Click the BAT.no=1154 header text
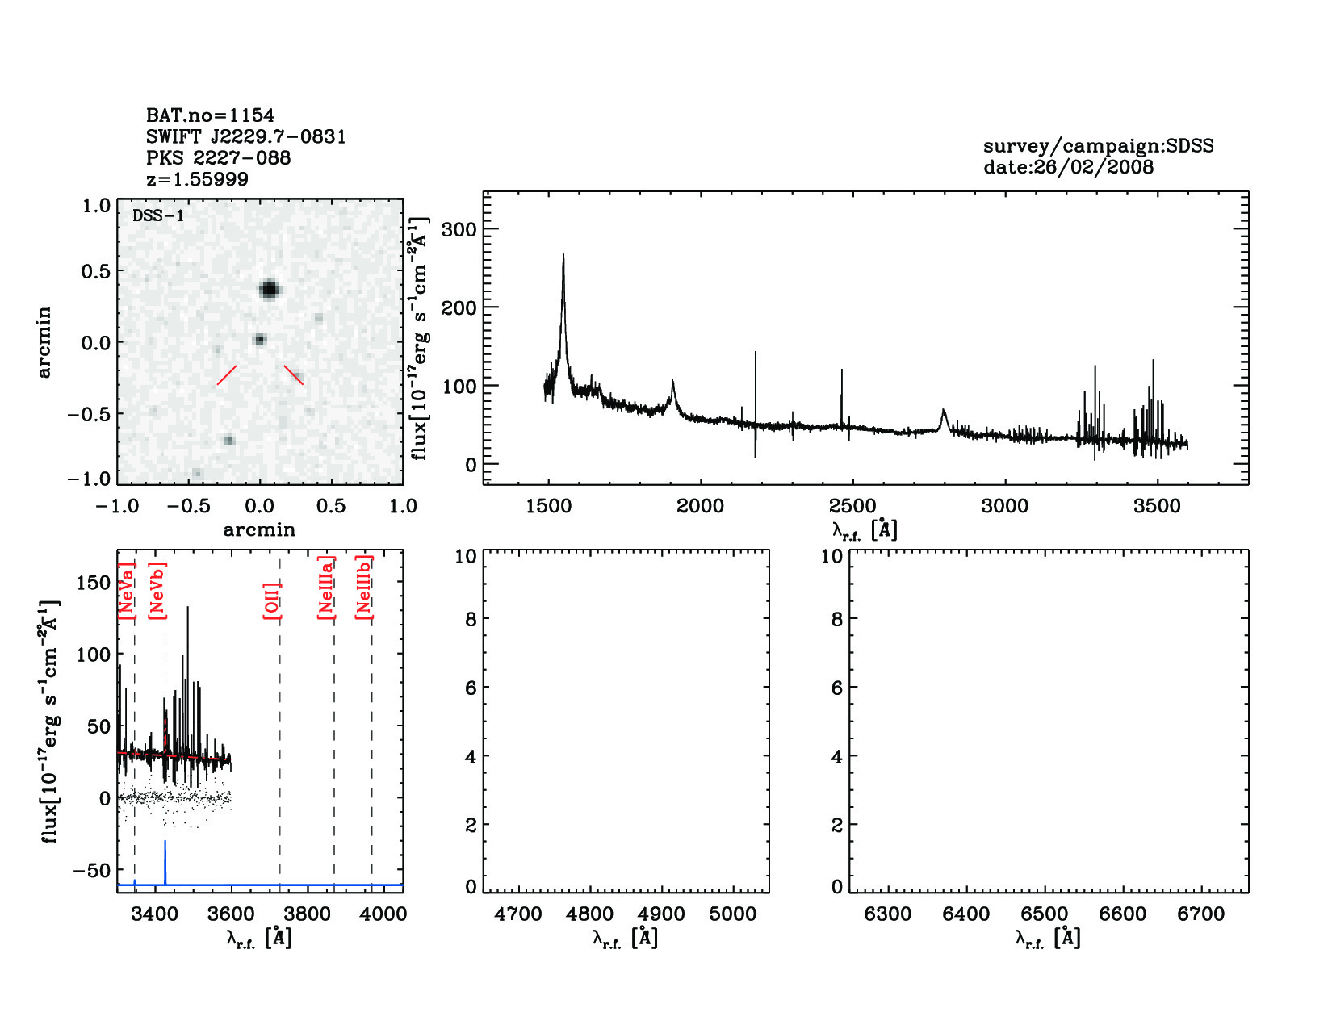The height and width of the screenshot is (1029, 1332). (210, 115)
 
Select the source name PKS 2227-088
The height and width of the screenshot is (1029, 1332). (218, 158)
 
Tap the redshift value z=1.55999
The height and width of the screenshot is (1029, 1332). (197, 179)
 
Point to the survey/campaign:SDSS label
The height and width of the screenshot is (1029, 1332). (1098, 146)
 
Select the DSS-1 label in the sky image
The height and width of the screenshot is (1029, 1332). (158, 215)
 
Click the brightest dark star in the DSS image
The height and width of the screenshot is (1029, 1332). (270, 289)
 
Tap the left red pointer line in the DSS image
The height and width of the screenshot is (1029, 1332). (227, 375)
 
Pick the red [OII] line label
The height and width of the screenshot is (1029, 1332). (271, 600)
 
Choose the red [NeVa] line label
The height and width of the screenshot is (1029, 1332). (126, 592)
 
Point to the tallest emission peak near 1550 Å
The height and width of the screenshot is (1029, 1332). (563, 257)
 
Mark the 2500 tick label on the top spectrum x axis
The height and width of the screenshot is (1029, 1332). (852, 506)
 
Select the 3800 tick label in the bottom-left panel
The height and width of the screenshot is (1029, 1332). (308, 914)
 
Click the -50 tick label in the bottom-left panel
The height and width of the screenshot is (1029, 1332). (91, 870)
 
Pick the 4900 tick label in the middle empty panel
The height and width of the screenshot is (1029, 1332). (661, 914)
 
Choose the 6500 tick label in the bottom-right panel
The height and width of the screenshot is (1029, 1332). (1045, 914)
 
